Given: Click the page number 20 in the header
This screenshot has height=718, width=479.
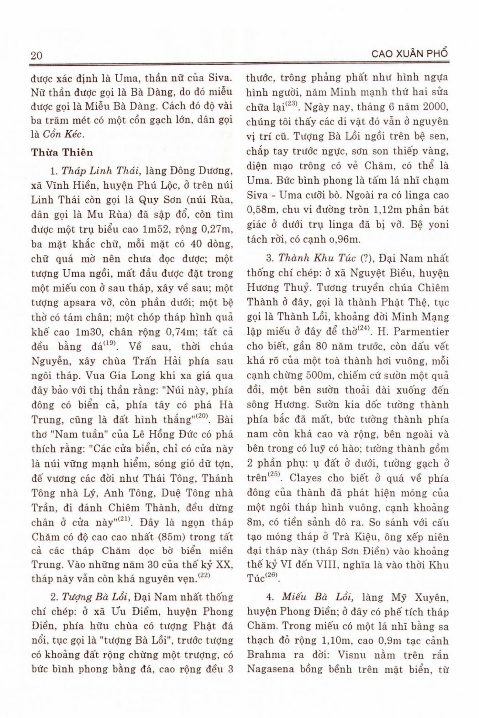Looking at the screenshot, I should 36,55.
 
